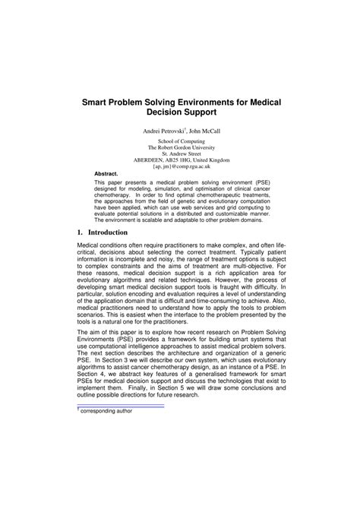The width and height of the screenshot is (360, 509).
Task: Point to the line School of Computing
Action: coord(181,142)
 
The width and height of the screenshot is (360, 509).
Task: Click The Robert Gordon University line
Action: coord(181,148)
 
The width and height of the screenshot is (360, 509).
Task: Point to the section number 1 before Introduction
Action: coord(80,210)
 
